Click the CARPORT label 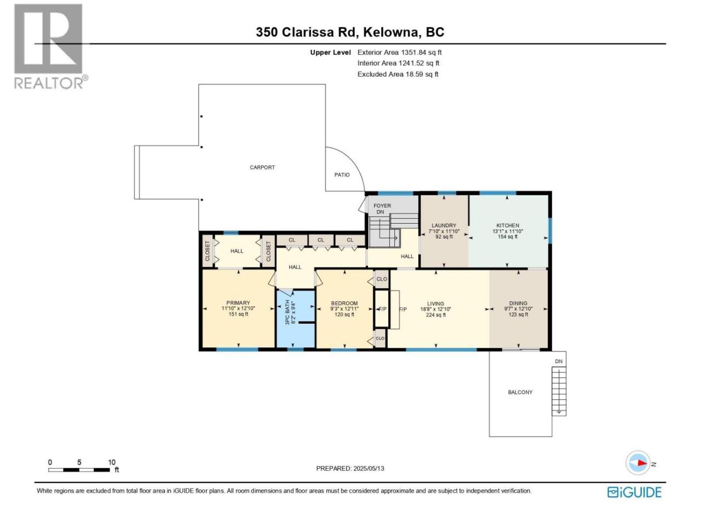point(262,167)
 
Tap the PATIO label point(342,174)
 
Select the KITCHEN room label point(508,225)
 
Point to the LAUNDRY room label point(444,225)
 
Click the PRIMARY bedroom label point(238,303)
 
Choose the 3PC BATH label point(287,312)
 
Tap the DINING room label point(518,303)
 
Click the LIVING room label point(435,304)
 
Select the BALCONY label point(520,392)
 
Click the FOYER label point(382,206)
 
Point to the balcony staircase point(559,391)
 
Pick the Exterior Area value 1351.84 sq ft point(421,52)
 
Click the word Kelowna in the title point(390,32)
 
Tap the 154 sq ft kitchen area point(508,237)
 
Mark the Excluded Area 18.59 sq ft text point(398,74)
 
